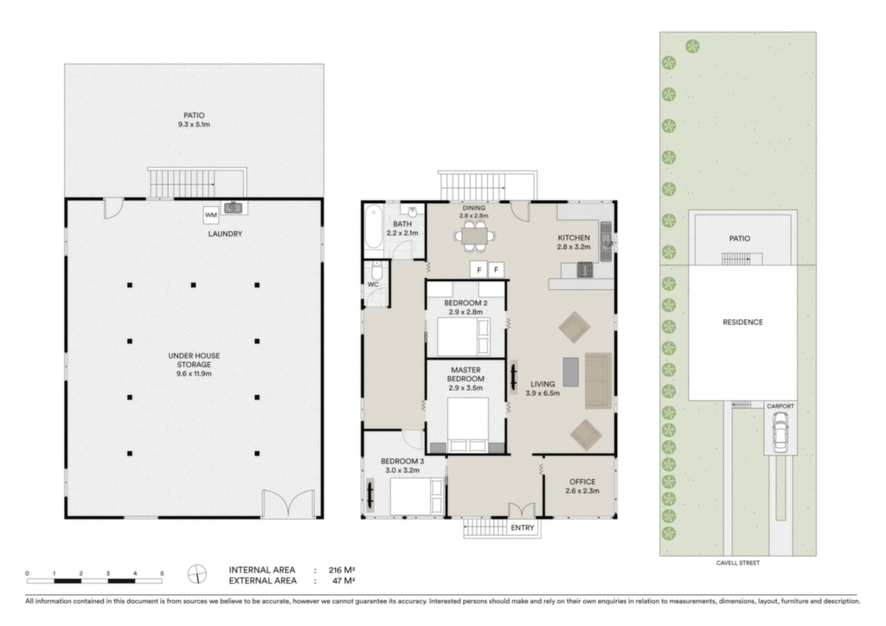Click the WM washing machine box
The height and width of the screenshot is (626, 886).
tap(211, 215)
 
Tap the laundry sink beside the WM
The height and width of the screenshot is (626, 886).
tap(232, 208)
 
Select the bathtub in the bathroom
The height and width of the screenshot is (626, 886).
tap(373, 227)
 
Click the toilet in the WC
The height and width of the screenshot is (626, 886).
tap(377, 271)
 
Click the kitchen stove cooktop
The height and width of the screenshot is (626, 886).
tap(585, 271)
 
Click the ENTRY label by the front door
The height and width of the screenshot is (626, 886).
tap(522, 527)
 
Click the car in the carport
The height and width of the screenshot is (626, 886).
tap(780, 431)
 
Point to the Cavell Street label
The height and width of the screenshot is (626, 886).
tap(738, 563)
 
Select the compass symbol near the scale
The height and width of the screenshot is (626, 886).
tap(197, 574)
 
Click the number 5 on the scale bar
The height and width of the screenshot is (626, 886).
tap(162, 573)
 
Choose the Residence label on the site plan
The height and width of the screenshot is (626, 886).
tap(742, 323)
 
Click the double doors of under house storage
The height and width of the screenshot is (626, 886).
tap(288, 503)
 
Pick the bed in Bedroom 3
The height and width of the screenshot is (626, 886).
tap(417, 496)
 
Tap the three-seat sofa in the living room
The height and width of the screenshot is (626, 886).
tap(598, 380)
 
